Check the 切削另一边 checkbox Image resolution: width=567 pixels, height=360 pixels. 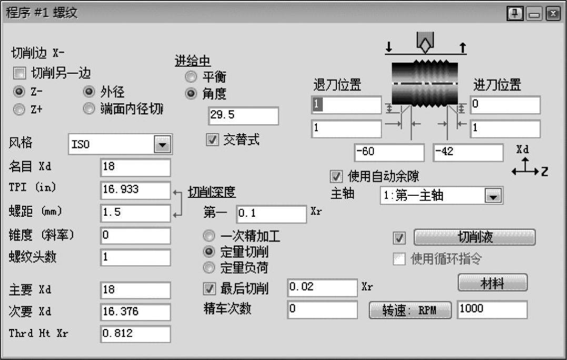tap(19, 73)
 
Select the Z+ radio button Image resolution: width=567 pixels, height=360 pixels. tap(19, 109)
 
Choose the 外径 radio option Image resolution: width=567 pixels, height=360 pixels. tap(89, 92)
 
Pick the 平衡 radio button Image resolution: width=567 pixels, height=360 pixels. tap(191, 77)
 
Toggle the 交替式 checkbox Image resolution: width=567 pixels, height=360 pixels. tap(212, 141)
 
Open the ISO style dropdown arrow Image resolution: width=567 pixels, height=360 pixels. tap(162, 144)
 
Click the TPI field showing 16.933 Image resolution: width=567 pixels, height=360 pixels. tap(135, 190)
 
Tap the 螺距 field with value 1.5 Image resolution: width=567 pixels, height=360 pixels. tap(135, 213)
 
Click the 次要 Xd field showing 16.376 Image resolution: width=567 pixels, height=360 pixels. tap(135, 312)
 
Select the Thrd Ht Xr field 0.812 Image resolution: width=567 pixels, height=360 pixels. tap(135, 334)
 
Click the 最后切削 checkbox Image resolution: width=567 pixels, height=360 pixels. tap(210, 288)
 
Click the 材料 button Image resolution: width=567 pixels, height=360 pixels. tap(492, 284)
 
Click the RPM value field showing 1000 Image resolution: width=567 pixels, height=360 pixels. tap(492, 310)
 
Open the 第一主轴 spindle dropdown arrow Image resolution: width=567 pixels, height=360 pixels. tap(493, 196)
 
